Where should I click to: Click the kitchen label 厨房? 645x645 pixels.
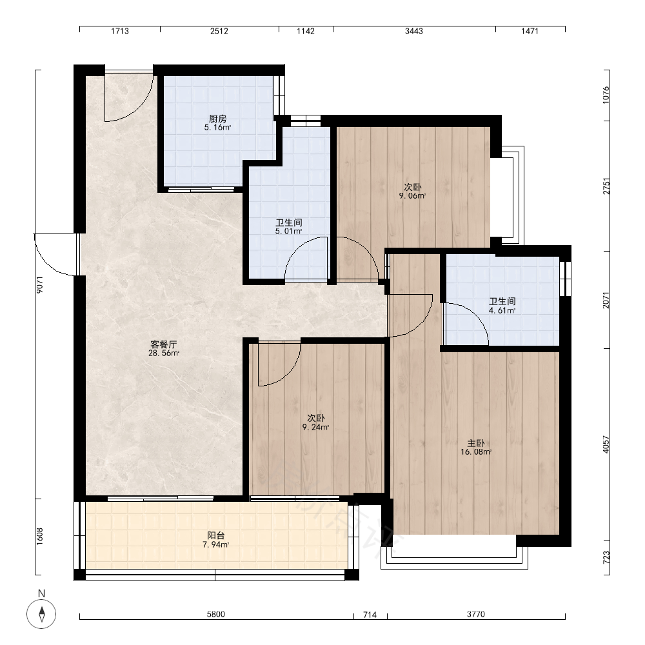click(x=217, y=119)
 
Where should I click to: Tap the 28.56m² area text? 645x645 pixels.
click(x=164, y=353)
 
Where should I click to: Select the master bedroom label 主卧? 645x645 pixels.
click(x=476, y=444)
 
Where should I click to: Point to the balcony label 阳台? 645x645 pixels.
click(x=216, y=535)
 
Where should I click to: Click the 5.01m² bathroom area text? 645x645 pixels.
click(x=289, y=232)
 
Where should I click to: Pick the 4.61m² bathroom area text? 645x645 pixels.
click(x=502, y=311)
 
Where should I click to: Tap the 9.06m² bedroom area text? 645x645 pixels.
click(x=412, y=196)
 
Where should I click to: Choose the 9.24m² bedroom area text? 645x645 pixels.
click(x=316, y=428)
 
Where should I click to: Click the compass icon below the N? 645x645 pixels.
click(x=41, y=615)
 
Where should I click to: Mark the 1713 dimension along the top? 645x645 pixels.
click(x=120, y=31)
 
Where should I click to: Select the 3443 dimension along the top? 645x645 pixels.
click(x=414, y=31)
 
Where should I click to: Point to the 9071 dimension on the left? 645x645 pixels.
click(x=40, y=284)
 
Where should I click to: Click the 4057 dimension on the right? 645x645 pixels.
click(x=606, y=444)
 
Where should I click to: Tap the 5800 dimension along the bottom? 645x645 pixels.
click(x=216, y=615)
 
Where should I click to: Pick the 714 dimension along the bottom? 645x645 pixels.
click(x=370, y=615)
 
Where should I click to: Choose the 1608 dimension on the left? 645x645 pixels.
click(x=40, y=537)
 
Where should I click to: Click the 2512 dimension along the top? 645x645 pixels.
click(x=219, y=31)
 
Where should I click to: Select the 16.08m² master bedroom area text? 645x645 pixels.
click(x=476, y=452)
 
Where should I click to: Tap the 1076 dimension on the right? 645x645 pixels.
click(x=606, y=95)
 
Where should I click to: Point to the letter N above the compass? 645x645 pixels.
click(x=41, y=593)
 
